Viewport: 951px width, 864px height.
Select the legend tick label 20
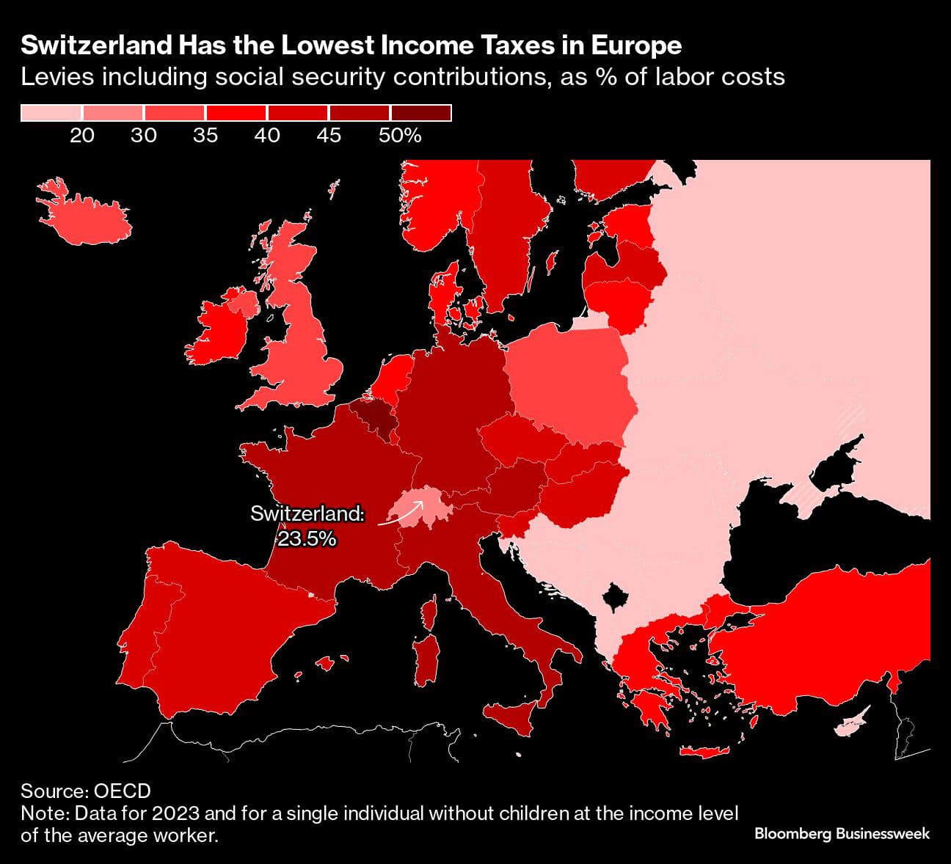[82, 136]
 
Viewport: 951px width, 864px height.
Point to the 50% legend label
[400, 136]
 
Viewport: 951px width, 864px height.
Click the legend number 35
[205, 136]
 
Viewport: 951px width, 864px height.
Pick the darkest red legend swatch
[420, 113]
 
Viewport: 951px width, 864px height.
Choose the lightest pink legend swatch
[51, 113]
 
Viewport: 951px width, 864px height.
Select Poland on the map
[569, 381]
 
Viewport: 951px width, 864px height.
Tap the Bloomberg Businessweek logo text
[842, 834]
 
